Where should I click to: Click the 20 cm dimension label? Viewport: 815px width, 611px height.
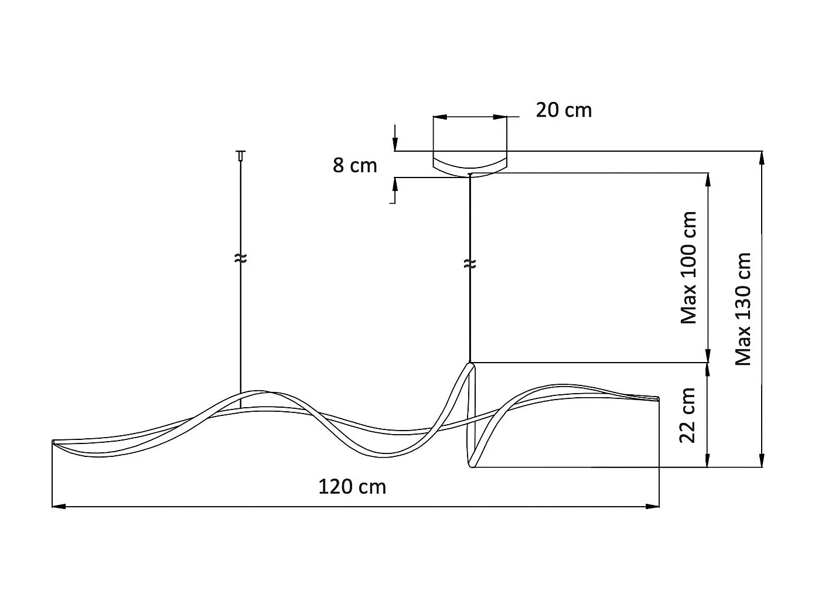pyautogui.click(x=563, y=111)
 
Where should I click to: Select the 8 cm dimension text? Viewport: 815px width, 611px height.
pyautogui.click(x=354, y=166)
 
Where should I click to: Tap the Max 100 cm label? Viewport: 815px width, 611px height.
pyautogui.click(x=688, y=268)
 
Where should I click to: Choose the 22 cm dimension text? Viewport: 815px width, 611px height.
pyautogui.click(x=687, y=415)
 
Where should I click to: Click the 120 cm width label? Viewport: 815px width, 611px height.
pyautogui.click(x=352, y=487)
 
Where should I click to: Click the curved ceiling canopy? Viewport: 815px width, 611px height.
pyautogui.click(x=470, y=166)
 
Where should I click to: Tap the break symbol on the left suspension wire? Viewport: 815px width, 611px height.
pyautogui.click(x=241, y=259)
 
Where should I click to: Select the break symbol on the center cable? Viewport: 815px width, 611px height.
pyautogui.click(x=470, y=264)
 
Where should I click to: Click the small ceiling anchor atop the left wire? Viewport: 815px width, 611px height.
pyautogui.click(x=241, y=155)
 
